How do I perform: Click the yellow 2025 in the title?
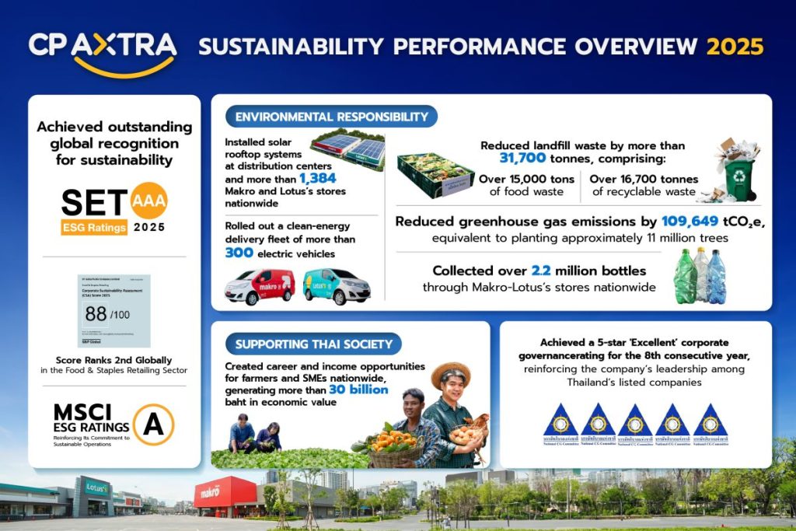[735, 47]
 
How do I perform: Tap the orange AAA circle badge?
[148, 199]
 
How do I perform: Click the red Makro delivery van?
[260, 286]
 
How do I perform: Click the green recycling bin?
[740, 178]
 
